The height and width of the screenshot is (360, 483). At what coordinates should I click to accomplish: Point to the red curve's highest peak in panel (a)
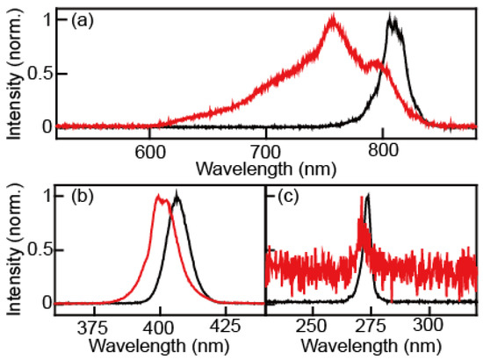point(333,18)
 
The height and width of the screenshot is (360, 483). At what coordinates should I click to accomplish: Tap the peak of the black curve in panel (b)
point(178,196)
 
